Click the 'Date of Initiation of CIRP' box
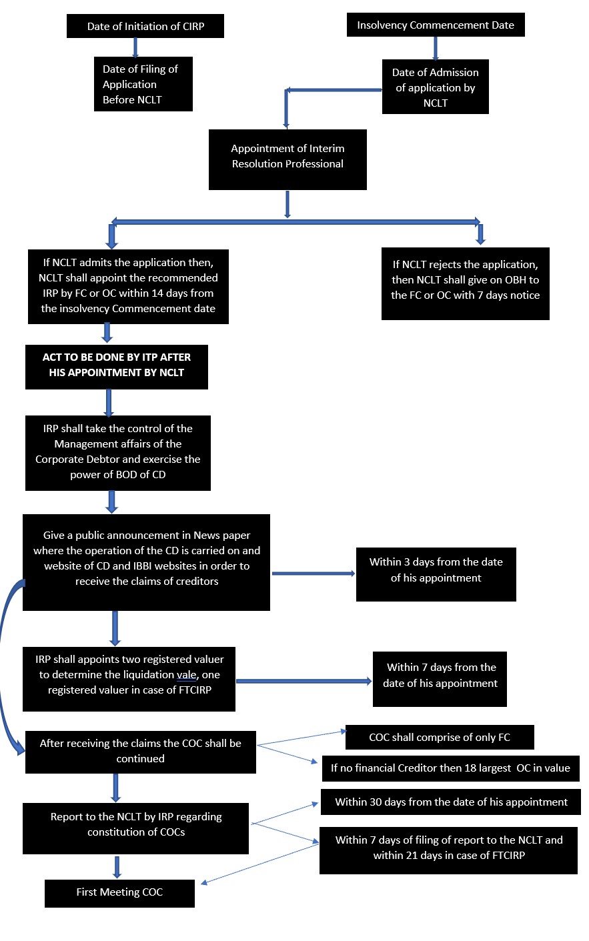coord(145,27)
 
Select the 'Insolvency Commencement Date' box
coord(435,25)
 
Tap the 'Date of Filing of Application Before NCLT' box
coord(143,84)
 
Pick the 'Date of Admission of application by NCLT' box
coord(435,87)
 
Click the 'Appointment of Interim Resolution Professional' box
coord(287,159)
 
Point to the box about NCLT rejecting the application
coord(465,283)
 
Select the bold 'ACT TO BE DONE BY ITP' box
coord(117,366)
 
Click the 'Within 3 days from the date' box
coord(436,574)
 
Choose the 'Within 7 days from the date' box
coord(440,678)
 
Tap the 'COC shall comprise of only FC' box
coord(439,737)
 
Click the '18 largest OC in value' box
coord(450,768)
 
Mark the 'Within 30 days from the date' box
coord(451,802)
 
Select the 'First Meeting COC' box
coord(119,892)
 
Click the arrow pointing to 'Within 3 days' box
coord(313,574)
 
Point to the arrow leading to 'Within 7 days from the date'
coord(304,681)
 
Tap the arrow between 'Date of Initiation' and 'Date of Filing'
coord(135,47)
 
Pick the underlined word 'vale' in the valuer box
coord(187,675)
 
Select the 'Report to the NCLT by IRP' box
coord(135,828)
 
